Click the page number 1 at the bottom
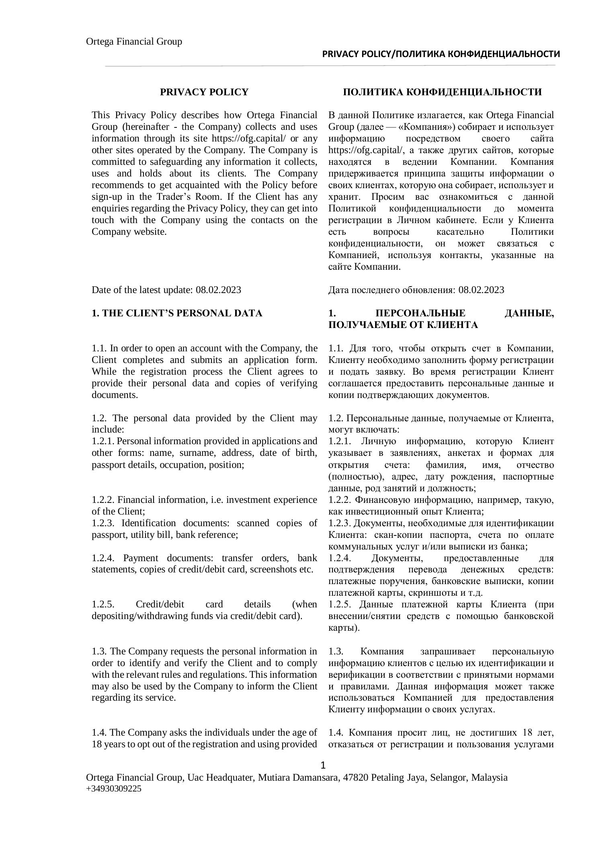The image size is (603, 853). coord(324,765)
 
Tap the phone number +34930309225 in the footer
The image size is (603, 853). coord(114,789)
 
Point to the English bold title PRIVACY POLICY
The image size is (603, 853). coord(204,92)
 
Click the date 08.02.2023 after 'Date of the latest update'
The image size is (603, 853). coord(218,290)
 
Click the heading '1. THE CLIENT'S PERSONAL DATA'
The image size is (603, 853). coord(177,313)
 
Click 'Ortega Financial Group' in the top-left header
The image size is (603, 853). coord(134,42)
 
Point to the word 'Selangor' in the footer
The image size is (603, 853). coord(449,777)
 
